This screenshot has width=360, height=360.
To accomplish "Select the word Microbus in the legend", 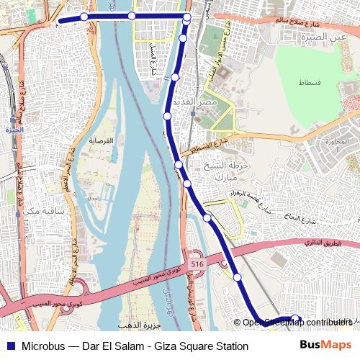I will (45, 346).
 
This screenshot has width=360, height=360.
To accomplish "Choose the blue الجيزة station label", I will (12, 131).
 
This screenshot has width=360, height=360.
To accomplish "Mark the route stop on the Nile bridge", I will (132, 16).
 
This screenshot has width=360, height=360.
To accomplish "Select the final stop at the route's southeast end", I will (294, 318).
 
